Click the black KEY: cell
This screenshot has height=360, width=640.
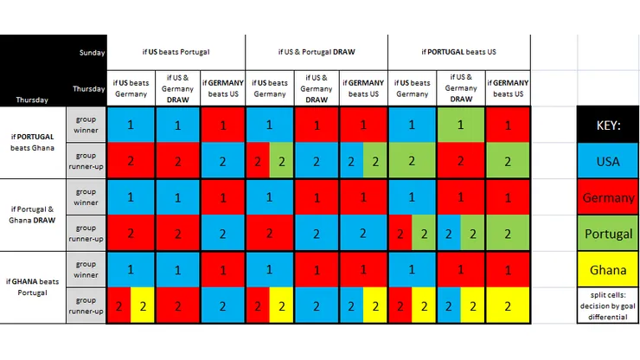(608, 125)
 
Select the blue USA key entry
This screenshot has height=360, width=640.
(608, 161)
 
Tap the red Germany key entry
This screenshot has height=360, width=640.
(608, 197)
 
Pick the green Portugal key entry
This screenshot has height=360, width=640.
(608, 234)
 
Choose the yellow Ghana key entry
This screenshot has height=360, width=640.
(608, 270)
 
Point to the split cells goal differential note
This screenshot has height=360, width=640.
(608, 305)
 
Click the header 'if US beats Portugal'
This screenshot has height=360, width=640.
(176, 52)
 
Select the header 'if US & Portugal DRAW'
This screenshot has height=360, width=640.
(317, 52)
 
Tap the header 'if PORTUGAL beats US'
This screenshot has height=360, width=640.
(459, 52)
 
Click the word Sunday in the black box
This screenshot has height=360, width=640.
(91, 52)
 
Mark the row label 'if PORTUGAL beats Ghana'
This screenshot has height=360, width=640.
(33, 143)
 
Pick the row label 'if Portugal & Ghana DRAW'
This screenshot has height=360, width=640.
(33, 215)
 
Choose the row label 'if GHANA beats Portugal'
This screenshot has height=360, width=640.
(33, 286)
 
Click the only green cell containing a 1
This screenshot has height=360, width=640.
(461, 125)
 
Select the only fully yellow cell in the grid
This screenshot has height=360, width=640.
(508, 305)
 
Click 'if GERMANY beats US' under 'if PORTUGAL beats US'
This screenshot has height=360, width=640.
(508, 88)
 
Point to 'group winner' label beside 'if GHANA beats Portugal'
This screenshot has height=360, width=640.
(86, 269)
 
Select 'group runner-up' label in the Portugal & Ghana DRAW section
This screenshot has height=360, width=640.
(86, 233)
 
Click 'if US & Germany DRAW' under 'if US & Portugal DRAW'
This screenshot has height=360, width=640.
(317, 88)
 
